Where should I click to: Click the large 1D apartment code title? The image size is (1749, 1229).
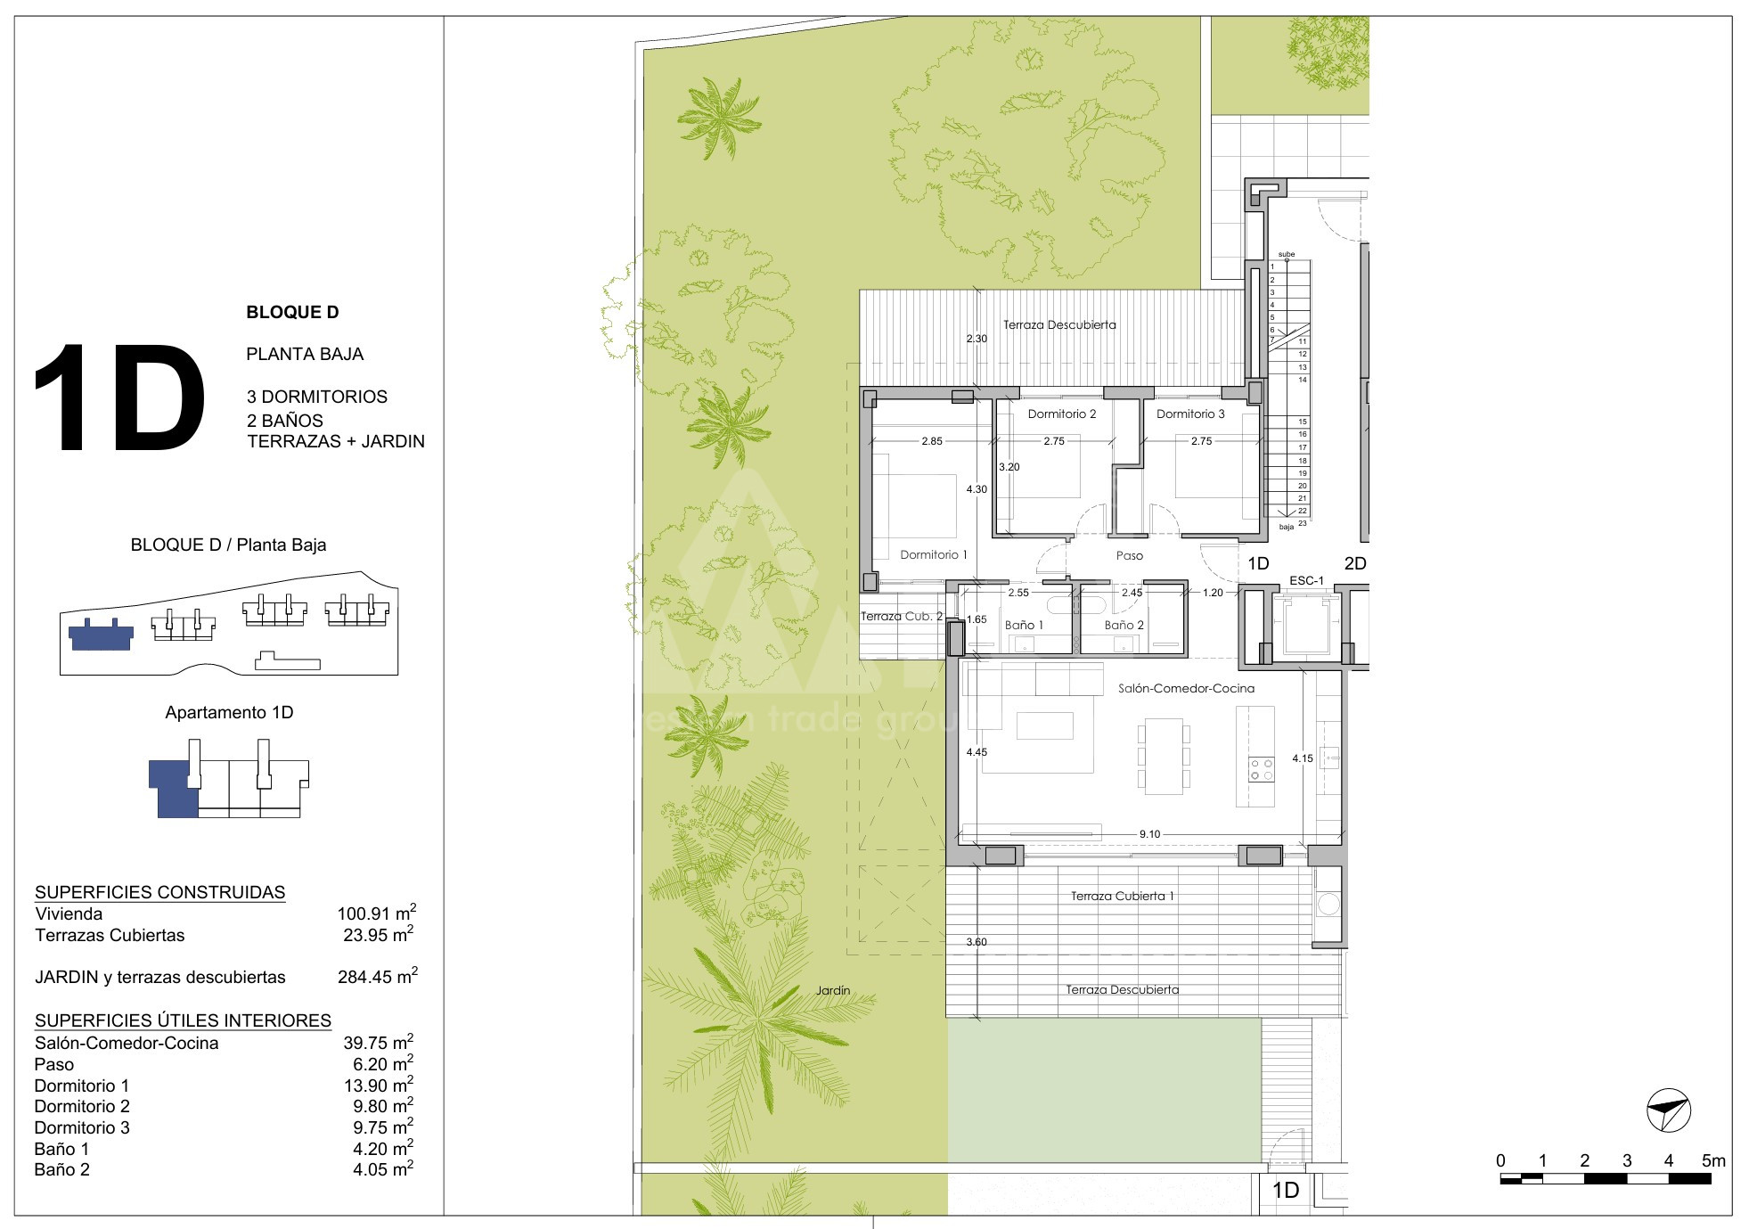[x=119, y=397]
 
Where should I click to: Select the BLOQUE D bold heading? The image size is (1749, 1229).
[x=292, y=312]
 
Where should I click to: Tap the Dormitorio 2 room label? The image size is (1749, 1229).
[x=1062, y=414]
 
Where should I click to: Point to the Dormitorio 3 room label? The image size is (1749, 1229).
[x=1190, y=414]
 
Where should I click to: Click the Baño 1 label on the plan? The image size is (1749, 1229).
[x=1024, y=625]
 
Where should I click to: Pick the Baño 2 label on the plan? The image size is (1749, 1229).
[x=1124, y=625]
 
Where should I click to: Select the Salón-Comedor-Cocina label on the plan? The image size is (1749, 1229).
[x=1186, y=688]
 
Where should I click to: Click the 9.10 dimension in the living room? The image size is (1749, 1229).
[x=1149, y=834]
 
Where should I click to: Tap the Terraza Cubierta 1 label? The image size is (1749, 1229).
[x=1122, y=896]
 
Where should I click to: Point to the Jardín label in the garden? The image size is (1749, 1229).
[x=833, y=990]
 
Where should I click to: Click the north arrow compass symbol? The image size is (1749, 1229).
[x=1668, y=1110]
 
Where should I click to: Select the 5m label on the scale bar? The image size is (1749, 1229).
[x=1713, y=1160]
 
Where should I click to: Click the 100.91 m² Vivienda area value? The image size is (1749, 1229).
[x=377, y=913]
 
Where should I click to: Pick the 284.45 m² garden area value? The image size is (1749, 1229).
[x=378, y=976]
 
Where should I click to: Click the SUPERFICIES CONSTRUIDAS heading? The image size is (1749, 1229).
[x=160, y=892]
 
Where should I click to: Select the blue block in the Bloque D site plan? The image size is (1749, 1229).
[x=101, y=634]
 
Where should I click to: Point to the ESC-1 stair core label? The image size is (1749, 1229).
[x=1306, y=581]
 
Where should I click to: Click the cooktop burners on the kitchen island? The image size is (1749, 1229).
[x=1261, y=769]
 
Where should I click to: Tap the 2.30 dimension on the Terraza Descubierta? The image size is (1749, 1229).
[x=977, y=339]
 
